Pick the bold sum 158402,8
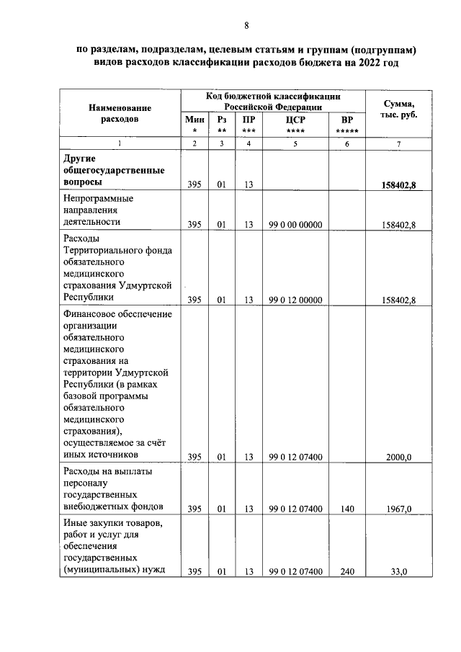tap(398, 184)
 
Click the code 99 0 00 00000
tap(295, 225)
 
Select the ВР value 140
tap(347, 509)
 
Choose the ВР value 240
tap(347, 571)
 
